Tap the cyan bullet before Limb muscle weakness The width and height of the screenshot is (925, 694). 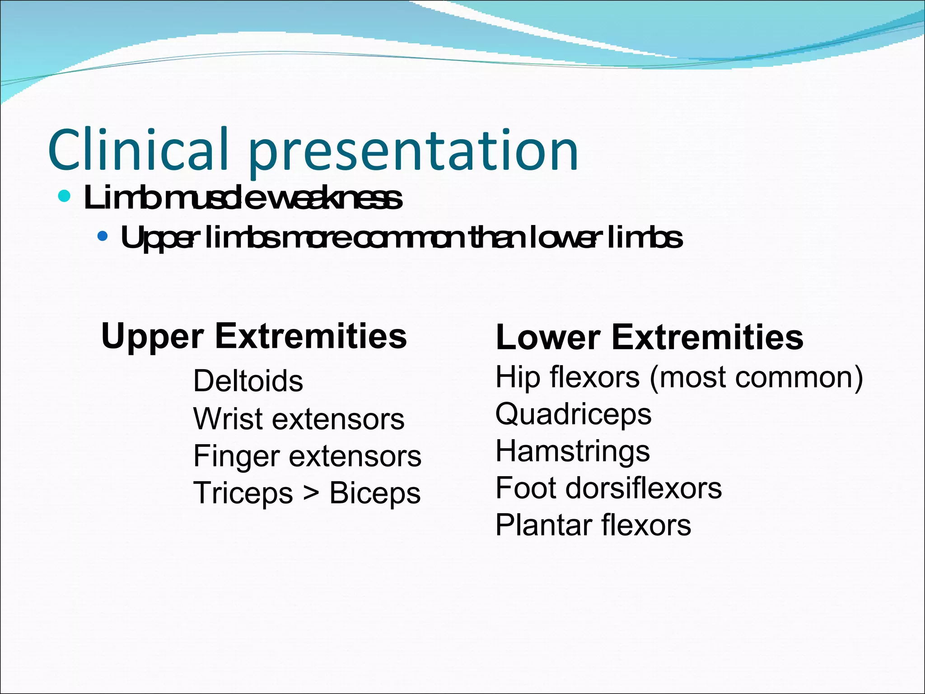(x=65, y=197)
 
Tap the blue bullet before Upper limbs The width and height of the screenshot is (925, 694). (x=103, y=236)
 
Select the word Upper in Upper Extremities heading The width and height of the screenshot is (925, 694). (x=152, y=337)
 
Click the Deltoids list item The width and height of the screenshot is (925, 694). (x=248, y=381)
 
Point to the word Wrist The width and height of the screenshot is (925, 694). (x=228, y=418)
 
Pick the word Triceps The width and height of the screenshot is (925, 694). (x=243, y=493)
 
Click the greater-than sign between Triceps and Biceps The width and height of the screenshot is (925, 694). (x=311, y=492)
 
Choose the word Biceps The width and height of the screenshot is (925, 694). (x=375, y=493)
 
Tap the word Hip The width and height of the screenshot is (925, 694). (x=517, y=378)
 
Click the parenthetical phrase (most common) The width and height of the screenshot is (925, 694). (x=756, y=378)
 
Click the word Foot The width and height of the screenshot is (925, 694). (x=526, y=488)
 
